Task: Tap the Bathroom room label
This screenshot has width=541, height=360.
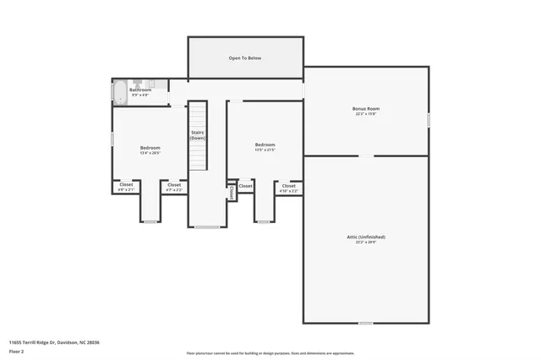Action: [140, 90]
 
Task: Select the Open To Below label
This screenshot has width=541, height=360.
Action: [245, 58]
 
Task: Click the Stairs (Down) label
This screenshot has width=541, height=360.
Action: [197, 135]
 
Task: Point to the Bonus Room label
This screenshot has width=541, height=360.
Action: [366, 109]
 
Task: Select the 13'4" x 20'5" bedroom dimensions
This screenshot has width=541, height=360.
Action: [150, 153]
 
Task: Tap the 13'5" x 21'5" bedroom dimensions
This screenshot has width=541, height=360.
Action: [265, 150]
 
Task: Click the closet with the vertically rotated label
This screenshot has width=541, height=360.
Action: [231, 193]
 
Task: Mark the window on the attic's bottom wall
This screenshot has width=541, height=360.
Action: [365, 323]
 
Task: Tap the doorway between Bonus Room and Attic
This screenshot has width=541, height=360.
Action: [366, 155]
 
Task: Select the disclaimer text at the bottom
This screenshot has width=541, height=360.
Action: [270, 353]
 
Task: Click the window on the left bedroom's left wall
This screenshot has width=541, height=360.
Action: [112, 138]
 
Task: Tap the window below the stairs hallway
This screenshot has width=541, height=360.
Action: [207, 226]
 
